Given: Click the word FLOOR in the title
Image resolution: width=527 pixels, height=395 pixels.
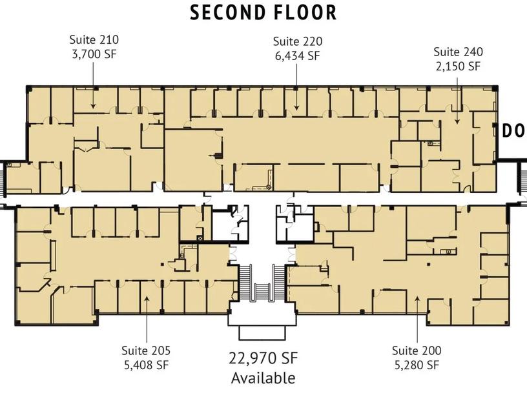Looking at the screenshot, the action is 306,12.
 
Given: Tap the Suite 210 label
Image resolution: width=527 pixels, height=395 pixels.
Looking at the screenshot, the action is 94,39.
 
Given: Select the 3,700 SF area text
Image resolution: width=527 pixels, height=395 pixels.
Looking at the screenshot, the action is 94,54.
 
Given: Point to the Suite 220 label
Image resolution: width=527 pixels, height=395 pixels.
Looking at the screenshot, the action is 298,41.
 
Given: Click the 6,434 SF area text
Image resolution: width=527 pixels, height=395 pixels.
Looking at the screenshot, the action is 298,56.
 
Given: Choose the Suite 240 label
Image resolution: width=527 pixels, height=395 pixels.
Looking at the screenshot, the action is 458,52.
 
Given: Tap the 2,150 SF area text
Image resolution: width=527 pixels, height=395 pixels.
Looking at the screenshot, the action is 458,66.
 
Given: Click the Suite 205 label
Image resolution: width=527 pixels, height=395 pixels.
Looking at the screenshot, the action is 146,350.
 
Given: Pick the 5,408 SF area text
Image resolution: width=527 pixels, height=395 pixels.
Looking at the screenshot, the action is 146,365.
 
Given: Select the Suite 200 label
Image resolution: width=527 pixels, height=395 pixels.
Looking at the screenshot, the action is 417,350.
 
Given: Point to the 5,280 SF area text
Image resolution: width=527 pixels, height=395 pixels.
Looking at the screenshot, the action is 417,365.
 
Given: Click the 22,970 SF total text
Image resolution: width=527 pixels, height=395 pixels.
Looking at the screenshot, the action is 263,358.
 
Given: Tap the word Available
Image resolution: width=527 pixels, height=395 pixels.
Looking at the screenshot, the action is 263,378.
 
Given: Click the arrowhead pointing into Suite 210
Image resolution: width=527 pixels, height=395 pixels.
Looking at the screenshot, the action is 93,105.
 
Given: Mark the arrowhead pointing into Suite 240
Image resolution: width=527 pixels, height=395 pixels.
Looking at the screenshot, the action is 457,121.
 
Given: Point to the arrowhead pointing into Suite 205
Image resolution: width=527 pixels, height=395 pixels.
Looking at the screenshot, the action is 147,299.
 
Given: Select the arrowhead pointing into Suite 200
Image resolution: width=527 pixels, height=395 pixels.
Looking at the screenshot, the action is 417,299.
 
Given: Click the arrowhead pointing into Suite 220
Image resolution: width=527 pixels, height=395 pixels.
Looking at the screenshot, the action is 296,107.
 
